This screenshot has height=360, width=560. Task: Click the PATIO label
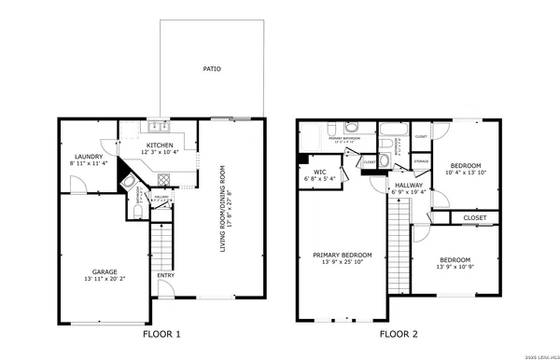(212, 69)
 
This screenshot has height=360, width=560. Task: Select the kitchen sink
(156, 128)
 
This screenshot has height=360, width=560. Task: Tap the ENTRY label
(165, 275)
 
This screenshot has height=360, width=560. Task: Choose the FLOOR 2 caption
(399, 333)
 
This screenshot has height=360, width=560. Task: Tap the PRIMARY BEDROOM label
(342, 255)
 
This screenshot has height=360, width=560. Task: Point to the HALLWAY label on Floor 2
(409, 185)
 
